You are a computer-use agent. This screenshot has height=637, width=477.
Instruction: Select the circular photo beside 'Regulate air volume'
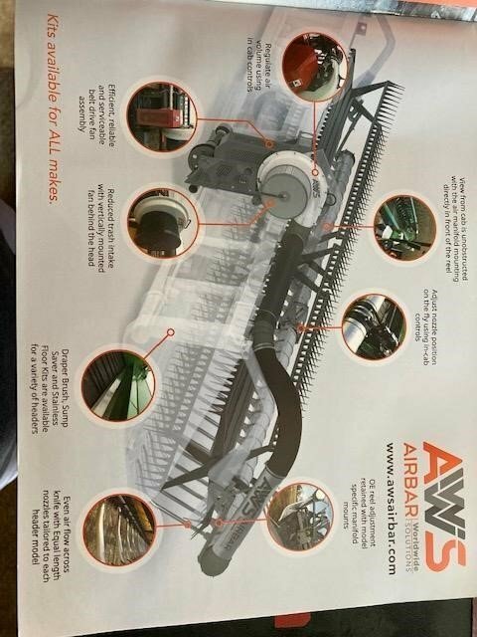(309, 65)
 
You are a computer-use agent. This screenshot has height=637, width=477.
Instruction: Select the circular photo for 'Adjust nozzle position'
(372, 324)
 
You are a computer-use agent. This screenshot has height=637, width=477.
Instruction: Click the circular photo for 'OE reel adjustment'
(298, 514)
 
